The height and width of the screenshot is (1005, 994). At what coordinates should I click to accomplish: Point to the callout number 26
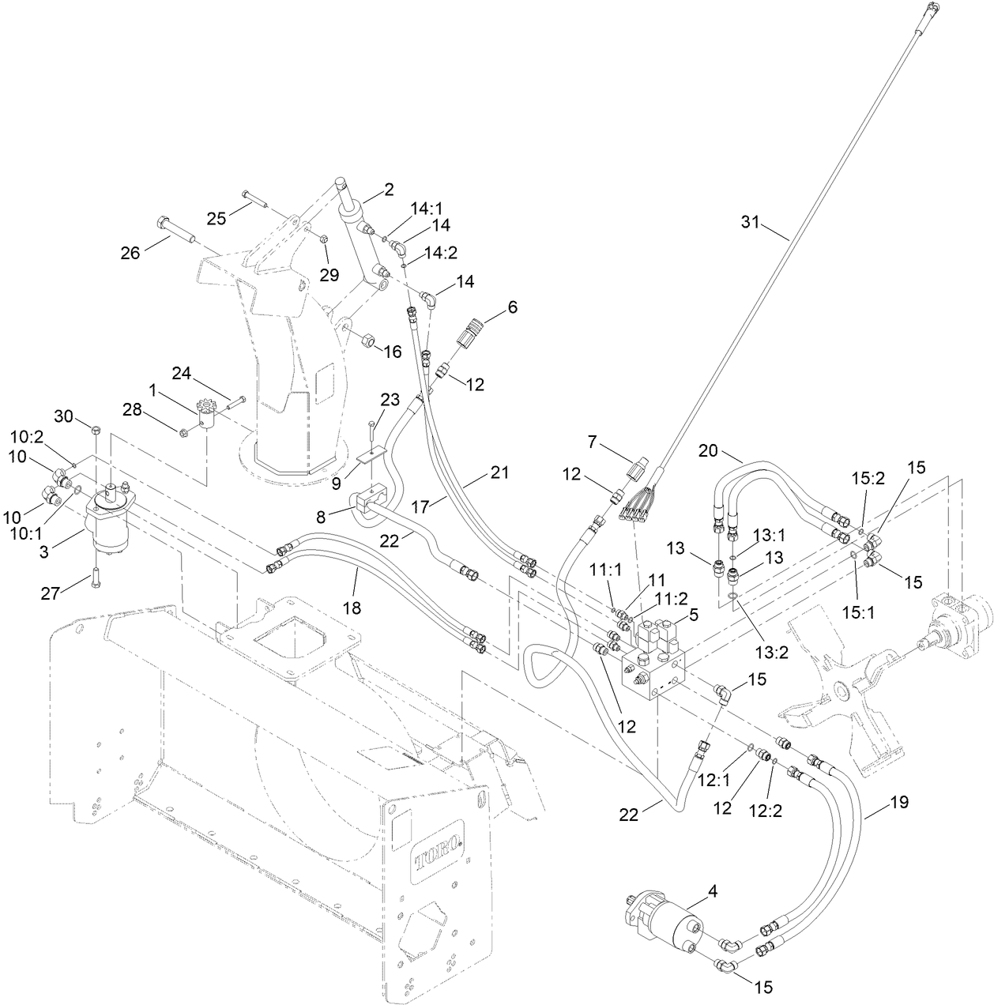point(130,253)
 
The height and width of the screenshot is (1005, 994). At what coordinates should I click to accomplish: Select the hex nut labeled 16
point(367,341)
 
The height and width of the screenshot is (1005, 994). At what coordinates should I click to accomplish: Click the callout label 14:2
point(441,253)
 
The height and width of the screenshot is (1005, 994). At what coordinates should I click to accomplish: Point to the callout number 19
point(898,803)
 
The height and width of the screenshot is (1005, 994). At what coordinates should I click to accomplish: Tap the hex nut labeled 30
point(95,430)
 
